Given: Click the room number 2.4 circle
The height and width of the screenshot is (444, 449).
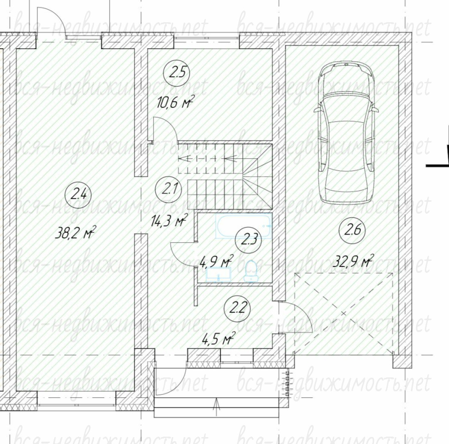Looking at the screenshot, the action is pyautogui.click(x=78, y=196).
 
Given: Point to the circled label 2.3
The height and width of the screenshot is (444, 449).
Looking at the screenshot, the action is pyautogui.click(x=248, y=240).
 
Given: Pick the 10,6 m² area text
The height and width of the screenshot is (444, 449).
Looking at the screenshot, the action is pyautogui.click(x=174, y=102).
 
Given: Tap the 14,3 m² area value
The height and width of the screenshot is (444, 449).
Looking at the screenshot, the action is pyautogui.click(x=169, y=221).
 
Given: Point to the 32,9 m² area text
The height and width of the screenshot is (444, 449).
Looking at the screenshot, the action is pyautogui.click(x=353, y=261).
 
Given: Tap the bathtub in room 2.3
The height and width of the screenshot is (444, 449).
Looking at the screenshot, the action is pyautogui.click(x=243, y=226).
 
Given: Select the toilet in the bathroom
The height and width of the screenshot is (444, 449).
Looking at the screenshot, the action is pyautogui.click(x=251, y=271).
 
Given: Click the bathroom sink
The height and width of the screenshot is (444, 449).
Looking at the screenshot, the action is pyautogui.click(x=218, y=274).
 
